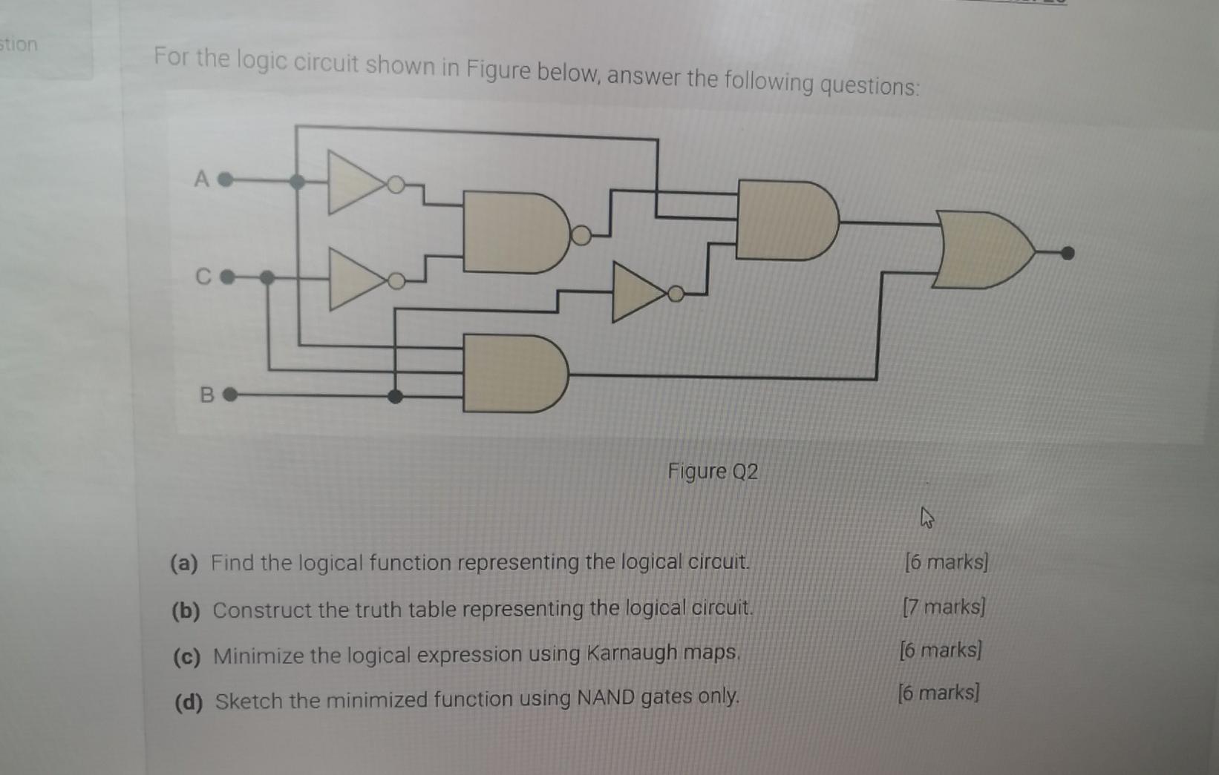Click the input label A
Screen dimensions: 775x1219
[200, 179]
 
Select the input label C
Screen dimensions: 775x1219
[203, 277]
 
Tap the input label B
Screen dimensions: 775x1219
[207, 395]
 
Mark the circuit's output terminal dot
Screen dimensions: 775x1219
[1067, 254]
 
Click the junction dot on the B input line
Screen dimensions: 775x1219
[396, 396]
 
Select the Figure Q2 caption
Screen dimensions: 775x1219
[713, 472]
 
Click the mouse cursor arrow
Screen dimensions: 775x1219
[926, 516]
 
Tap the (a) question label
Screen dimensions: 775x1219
[184, 564]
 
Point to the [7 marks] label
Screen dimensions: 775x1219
[944, 607]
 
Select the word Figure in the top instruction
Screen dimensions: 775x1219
[497, 70]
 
